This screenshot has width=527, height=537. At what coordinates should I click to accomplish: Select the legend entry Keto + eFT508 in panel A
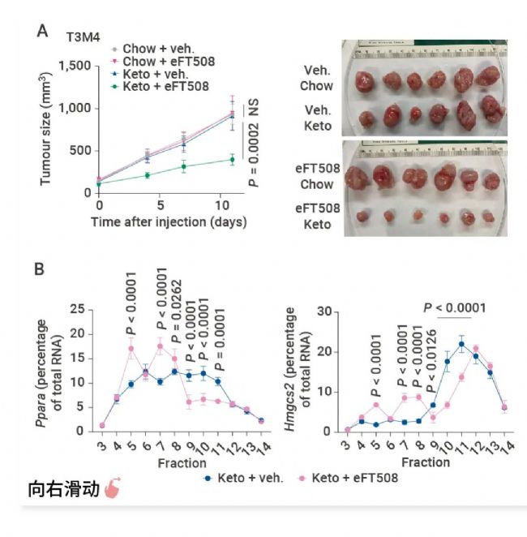click(165, 85)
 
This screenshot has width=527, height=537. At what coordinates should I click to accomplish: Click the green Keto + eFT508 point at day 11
click(233, 160)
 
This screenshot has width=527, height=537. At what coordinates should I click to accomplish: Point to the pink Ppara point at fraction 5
click(131, 349)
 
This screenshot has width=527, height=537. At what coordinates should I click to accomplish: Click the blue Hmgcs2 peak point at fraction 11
click(461, 345)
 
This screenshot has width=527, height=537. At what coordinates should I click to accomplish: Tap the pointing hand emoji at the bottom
click(113, 492)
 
